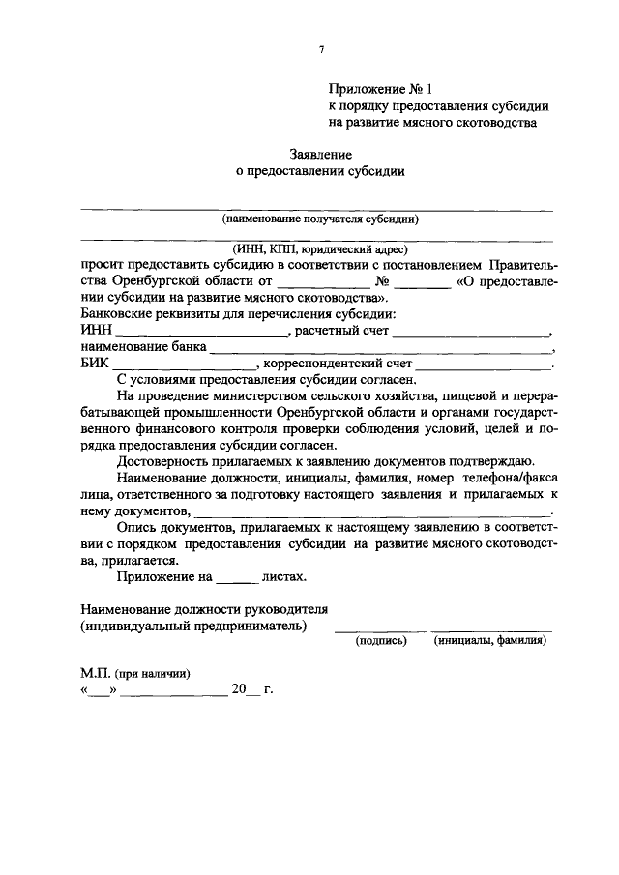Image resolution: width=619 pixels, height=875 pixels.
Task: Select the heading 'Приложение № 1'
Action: coord(377,89)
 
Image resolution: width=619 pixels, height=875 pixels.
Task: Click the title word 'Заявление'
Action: coord(320,154)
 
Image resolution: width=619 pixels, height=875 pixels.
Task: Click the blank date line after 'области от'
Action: coord(323,282)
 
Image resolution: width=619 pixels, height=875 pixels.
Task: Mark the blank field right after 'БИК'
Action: coord(184,365)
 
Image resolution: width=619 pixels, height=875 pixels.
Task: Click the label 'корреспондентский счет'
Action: coord(338,365)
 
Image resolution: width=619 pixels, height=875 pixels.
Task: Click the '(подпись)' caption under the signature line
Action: coord(381,640)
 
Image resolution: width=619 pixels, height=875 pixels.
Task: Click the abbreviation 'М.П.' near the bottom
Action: coord(96,673)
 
